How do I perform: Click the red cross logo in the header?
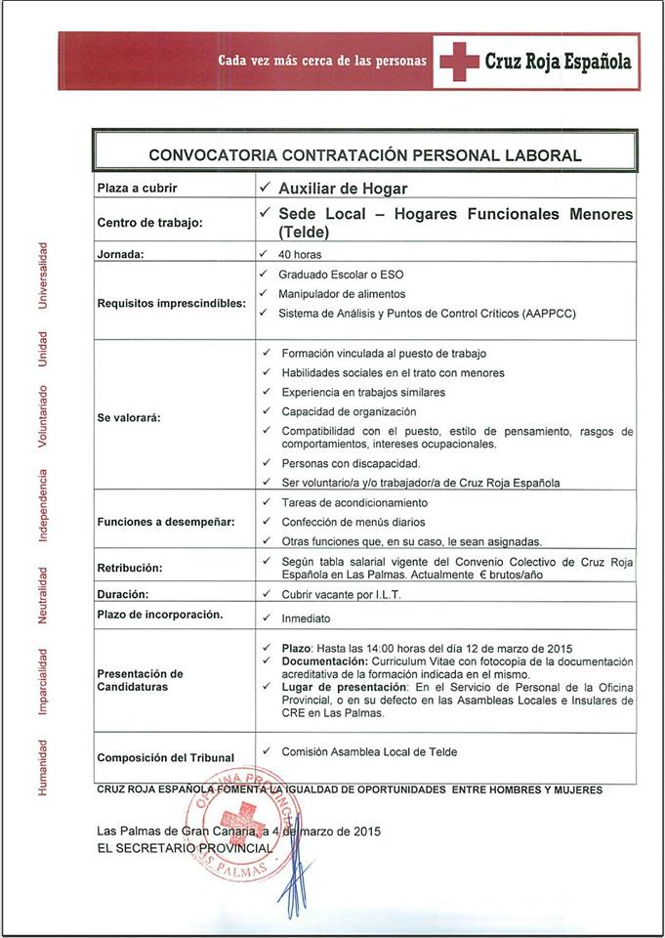click(x=458, y=61)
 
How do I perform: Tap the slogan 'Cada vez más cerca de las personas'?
click(x=322, y=61)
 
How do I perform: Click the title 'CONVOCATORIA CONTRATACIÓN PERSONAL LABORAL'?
click(x=364, y=154)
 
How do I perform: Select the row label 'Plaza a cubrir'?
click(x=137, y=188)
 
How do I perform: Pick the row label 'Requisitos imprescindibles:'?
click(x=171, y=303)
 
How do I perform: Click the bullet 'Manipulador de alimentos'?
click(x=341, y=293)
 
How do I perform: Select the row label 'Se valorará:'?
click(x=129, y=417)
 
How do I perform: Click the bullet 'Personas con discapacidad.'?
click(x=351, y=463)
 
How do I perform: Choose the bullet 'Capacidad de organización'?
click(x=349, y=411)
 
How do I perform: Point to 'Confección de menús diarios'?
click(x=353, y=522)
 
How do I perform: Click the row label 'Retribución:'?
click(x=130, y=568)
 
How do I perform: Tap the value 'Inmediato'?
click(x=306, y=618)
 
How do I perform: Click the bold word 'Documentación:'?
click(x=319, y=661)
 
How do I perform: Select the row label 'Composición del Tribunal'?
click(x=165, y=757)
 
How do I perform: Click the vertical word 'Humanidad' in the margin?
click(x=42, y=766)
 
